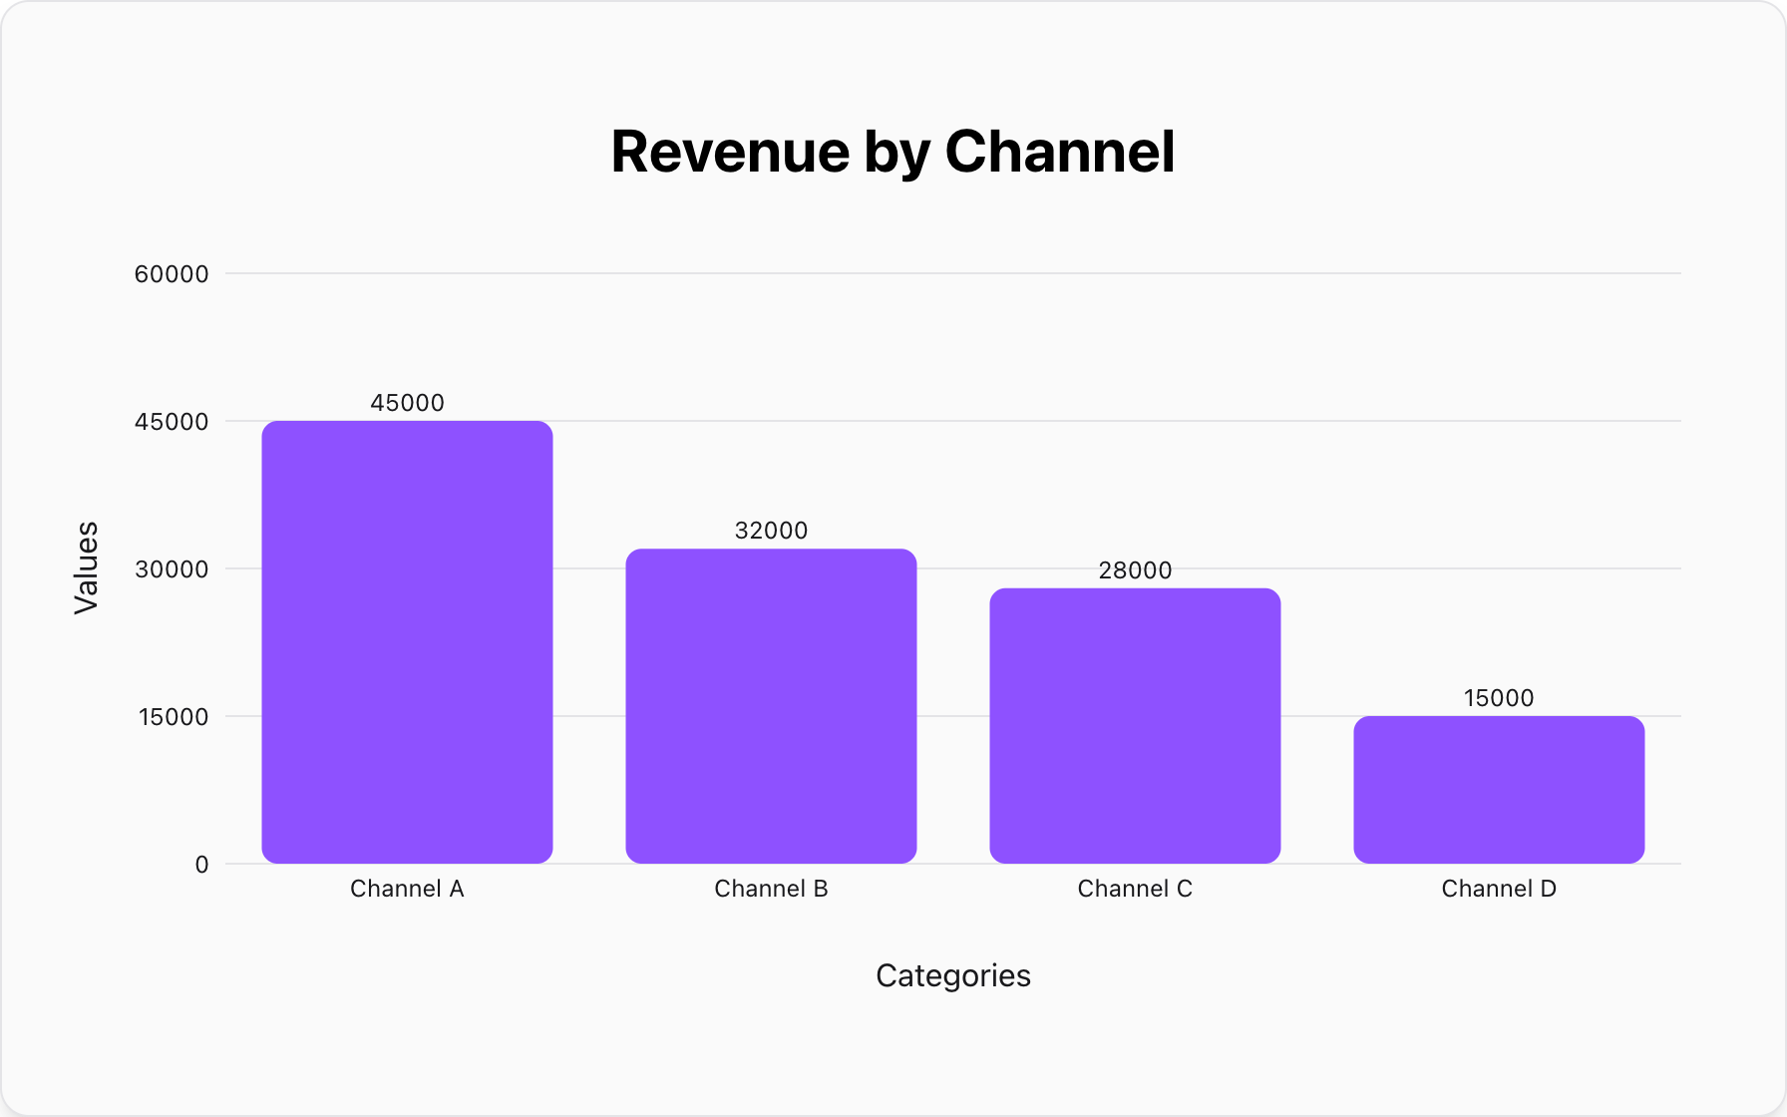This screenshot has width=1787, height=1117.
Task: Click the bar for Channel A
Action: pyautogui.click(x=407, y=641)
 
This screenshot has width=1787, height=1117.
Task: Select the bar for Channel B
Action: pyautogui.click(x=771, y=705)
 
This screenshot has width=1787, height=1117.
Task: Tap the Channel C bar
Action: pyautogui.click(x=1135, y=725)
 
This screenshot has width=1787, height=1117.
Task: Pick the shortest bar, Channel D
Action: pyautogui.click(x=1499, y=789)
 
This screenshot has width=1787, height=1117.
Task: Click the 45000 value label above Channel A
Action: pyautogui.click(x=407, y=403)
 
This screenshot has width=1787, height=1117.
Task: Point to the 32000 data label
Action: pyautogui.click(x=771, y=531)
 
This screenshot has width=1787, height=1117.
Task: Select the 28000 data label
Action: pyautogui.click(x=1135, y=570)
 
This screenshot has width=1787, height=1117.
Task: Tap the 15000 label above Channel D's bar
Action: pyautogui.click(x=1499, y=698)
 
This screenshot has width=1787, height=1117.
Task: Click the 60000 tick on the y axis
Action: pyautogui.click(x=172, y=274)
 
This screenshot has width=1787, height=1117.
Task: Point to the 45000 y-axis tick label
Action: pyautogui.click(x=172, y=422)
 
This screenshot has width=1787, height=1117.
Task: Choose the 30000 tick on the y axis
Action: pyautogui.click(x=172, y=569)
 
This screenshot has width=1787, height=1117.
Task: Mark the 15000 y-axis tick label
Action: pyautogui.click(x=172, y=717)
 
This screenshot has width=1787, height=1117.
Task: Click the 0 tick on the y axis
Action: pyautogui.click(x=201, y=865)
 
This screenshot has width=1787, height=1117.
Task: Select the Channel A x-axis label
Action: pyautogui.click(x=407, y=889)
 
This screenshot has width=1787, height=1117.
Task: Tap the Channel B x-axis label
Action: pyautogui.click(x=771, y=889)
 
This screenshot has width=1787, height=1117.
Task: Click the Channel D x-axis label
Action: pyautogui.click(x=1499, y=889)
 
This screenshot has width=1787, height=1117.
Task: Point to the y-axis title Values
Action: pyautogui.click(x=87, y=567)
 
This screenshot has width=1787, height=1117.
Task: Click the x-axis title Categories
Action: pyautogui.click(x=952, y=975)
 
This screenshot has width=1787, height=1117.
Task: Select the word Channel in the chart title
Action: pyautogui.click(x=1059, y=152)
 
